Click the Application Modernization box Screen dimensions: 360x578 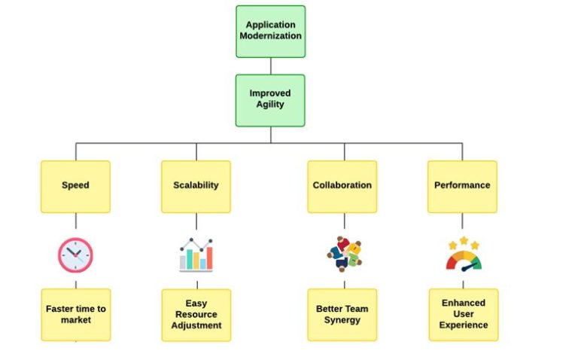tap(270, 31)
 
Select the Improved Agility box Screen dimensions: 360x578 tap(270, 99)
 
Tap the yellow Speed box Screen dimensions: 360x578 tap(75, 186)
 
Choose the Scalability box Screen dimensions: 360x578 tap(196, 186)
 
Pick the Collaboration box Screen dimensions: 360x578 tap(342, 186)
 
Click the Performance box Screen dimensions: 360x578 tap(462, 186)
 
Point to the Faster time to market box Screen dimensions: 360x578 tap(75, 314)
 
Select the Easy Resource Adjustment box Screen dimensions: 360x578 tap(196, 315)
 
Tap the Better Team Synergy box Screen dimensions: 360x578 tap(342, 315)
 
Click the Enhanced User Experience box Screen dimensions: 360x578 tap(463, 315)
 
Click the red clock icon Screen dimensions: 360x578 tap(75, 255)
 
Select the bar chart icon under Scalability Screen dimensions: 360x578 tap(196, 255)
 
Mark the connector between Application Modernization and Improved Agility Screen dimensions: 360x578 tap(270, 66)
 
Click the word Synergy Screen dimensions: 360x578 tap(342, 320)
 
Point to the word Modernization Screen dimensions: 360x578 tap(270, 36)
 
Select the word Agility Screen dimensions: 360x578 tap(270, 105)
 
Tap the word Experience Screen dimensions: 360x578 tap(463, 325)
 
